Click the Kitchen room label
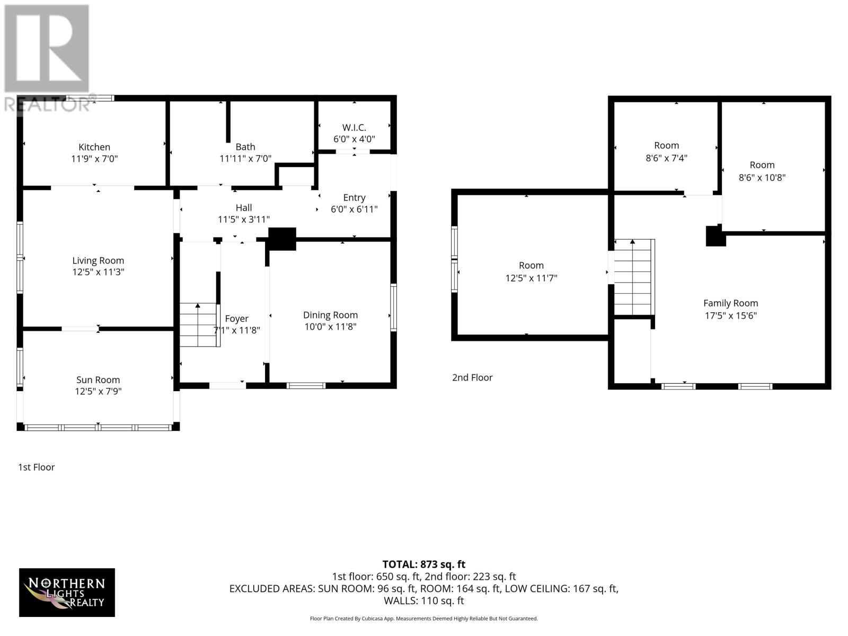click(94, 147)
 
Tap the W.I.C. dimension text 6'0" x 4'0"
click(354, 139)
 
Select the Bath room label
click(245, 147)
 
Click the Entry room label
click(354, 198)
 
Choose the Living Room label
click(98, 260)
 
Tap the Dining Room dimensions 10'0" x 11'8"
click(330, 327)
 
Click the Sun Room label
click(98, 380)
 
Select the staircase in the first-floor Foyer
click(199, 325)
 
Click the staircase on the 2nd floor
click(632, 278)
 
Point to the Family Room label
click(730, 303)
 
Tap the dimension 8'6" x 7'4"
click(666, 158)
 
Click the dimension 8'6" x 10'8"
click(762, 178)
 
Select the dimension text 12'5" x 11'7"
click(531, 278)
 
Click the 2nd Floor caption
click(472, 377)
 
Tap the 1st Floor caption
click(37, 467)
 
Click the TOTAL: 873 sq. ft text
click(423, 564)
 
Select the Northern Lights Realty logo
click(67, 593)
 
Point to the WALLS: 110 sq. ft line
click(423, 600)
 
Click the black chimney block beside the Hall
click(282, 238)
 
